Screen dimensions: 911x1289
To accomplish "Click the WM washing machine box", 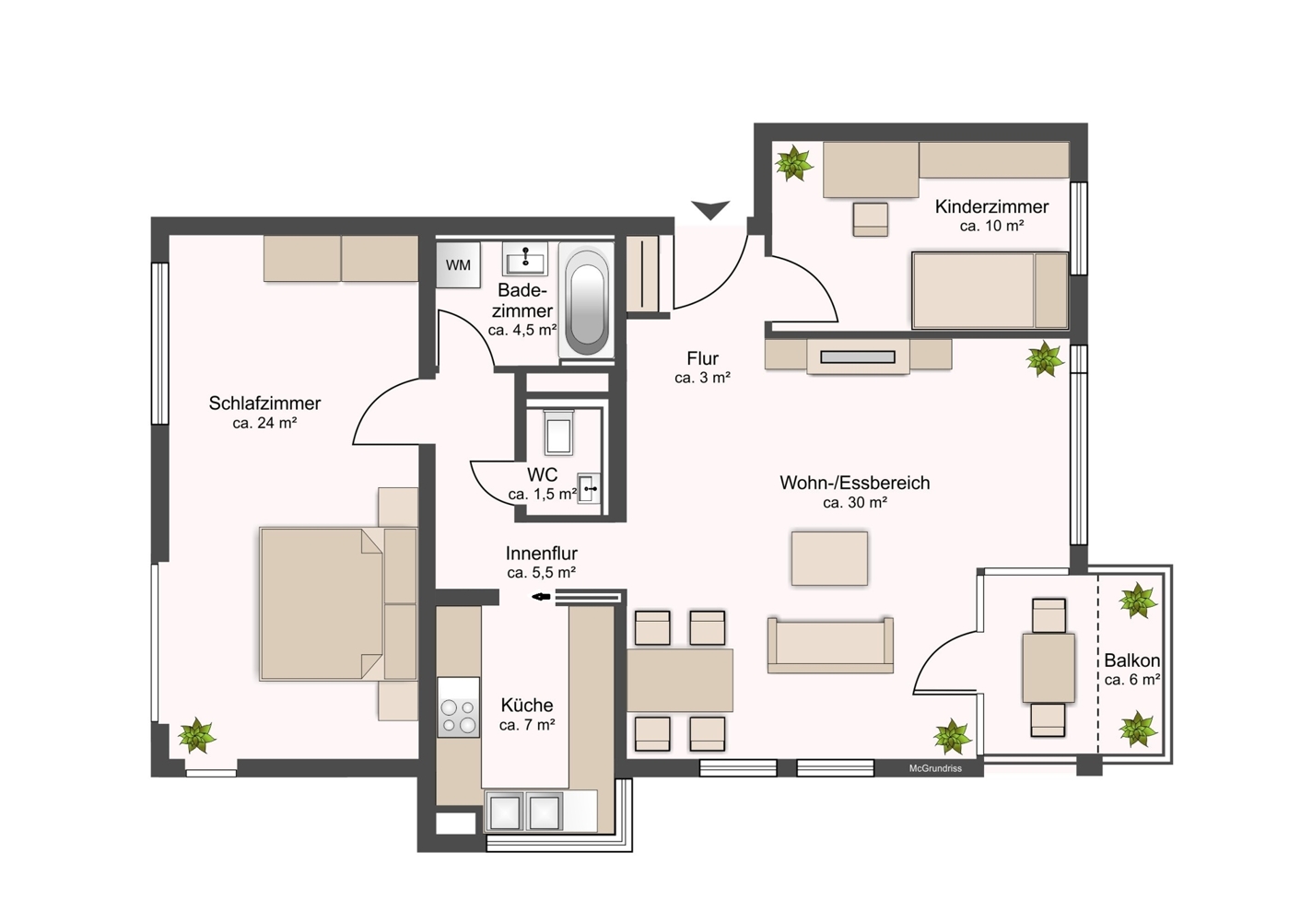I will pyautogui.click(x=458, y=265).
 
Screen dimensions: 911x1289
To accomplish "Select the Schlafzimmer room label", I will pyautogui.click(x=264, y=403).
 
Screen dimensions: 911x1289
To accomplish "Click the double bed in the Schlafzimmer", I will pyautogui.click(x=322, y=604).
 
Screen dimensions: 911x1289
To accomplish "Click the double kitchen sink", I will pyautogui.click(x=524, y=812).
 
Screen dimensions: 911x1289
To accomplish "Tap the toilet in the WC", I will pyautogui.click(x=558, y=432).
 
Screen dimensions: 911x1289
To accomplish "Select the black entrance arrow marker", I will pyautogui.click(x=710, y=210).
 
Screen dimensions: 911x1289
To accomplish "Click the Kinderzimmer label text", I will pyautogui.click(x=991, y=206).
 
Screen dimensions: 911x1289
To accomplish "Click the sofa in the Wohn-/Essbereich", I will pyautogui.click(x=830, y=645).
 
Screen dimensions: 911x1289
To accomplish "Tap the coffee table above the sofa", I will pyautogui.click(x=829, y=558).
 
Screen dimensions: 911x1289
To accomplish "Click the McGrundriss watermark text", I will pyautogui.click(x=935, y=768).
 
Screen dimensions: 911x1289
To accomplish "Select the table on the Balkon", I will pyautogui.click(x=1049, y=668).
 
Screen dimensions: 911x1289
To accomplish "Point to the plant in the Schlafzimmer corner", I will pyautogui.click(x=196, y=735).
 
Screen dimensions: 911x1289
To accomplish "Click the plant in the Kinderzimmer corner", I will pyautogui.click(x=793, y=164).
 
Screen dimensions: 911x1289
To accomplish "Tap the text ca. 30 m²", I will pyautogui.click(x=854, y=503).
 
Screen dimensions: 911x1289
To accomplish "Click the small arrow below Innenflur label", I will pyautogui.click(x=541, y=597).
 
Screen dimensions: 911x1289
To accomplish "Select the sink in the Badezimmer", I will pyautogui.click(x=525, y=259).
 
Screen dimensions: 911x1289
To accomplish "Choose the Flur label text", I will pyautogui.click(x=702, y=358).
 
